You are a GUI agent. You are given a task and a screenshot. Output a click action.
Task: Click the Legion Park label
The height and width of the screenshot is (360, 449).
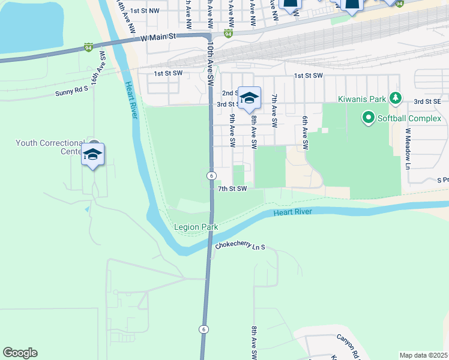pyautogui.click(x=196, y=227)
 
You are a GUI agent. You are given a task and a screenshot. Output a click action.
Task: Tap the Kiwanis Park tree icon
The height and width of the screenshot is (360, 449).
pyautogui.click(x=395, y=97)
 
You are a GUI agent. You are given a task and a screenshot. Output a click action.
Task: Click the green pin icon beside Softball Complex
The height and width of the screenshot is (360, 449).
pyautogui.click(x=368, y=118)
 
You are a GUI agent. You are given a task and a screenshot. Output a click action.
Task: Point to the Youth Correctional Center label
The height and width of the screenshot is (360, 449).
pyautogui.click(x=50, y=147)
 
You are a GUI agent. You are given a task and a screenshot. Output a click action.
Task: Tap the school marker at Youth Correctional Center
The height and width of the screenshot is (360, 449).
pyautogui.click(x=92, y=155)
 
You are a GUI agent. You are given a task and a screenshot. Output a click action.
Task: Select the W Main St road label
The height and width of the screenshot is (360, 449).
pyautogui.click(x=158, y=37)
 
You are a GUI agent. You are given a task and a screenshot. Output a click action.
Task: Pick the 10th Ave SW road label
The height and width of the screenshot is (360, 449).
pyautogui.click(x=211, y=63)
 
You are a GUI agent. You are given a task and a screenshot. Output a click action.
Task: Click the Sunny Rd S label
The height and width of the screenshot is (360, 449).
pyautogui.click(x=71, y=91)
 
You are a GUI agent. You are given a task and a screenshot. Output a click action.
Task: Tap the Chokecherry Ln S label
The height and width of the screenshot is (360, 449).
pyautogui.click(x=240, y=247)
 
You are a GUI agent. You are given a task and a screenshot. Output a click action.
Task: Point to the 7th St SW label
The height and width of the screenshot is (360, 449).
pyautogui.click(x=232, y=188)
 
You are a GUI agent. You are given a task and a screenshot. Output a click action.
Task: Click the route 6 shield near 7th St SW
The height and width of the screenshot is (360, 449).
pyautogui.click(x=212, y=175)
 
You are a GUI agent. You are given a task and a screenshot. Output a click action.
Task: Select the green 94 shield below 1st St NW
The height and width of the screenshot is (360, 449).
pyautogui.click(x=228, y=34)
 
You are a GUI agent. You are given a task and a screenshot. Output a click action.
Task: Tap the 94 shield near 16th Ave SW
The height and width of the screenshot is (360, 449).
pyautogui.click(x=88, y=47)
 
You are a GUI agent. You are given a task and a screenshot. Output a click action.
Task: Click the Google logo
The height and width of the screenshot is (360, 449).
pyautogui.click(x=20, y=353)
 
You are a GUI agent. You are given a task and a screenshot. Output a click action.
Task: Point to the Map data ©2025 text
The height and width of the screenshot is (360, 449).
pyautogui.click(x=423, y=355)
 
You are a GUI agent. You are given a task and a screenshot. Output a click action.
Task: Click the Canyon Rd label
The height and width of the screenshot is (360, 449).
pyautogui.click(x=348, y=345)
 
